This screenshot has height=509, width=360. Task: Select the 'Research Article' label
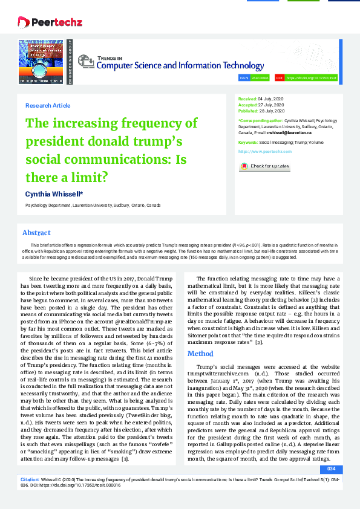click(x=48, y=106)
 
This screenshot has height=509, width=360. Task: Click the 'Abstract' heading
click(x=36, y=233)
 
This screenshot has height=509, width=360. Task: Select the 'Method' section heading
click(x=200, y=354)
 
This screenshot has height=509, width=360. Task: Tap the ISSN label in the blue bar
click(x=244, y=78)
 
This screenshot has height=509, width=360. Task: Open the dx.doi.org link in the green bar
click(x=310, y=78)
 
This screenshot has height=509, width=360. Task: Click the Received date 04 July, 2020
click(x=270, y=98)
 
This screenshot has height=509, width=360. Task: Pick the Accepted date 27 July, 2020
click(x=270, y=105)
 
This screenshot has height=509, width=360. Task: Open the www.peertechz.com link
click(x=265, y=151)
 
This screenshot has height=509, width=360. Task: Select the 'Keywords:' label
click(x=249, y=141)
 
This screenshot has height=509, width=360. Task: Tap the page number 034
click(x=330, y=469)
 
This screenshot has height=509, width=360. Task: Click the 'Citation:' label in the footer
click(x=30, y=478)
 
